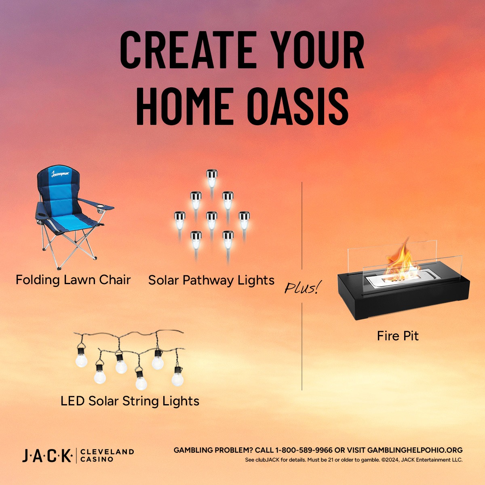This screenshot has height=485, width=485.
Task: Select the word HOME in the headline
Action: click(x=185, y=106)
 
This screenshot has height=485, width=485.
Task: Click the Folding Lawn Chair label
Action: click(x=73, y=280)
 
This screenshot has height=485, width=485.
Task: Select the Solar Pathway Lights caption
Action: click(x=211, y=280)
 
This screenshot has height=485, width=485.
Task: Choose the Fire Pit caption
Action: click(x=398, y=336)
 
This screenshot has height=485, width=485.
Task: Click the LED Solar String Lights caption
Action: click(x=130, y=401)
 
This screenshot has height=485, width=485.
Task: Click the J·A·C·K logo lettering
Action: click(x=47, y=455)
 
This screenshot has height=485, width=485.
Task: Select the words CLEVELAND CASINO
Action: click(x=107, y=455)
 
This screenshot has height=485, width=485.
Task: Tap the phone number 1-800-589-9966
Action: click(x=304, y=450)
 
